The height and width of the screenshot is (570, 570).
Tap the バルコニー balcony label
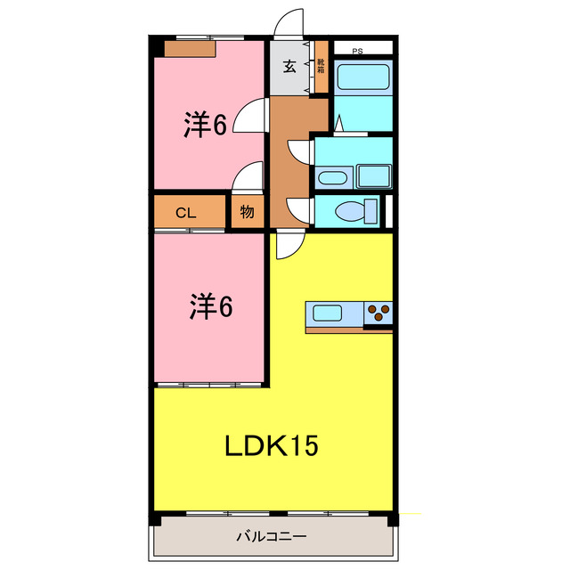coord(272,537)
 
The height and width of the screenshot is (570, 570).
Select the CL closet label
coord(185,213)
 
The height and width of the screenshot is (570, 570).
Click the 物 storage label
coord(247,213)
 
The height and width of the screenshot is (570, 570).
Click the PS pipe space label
coord(357,51)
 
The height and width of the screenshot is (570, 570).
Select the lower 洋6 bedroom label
coord(210,307)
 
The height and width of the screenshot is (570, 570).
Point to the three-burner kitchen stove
coord(379,313)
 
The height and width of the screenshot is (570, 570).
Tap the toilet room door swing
coord(299,210)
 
